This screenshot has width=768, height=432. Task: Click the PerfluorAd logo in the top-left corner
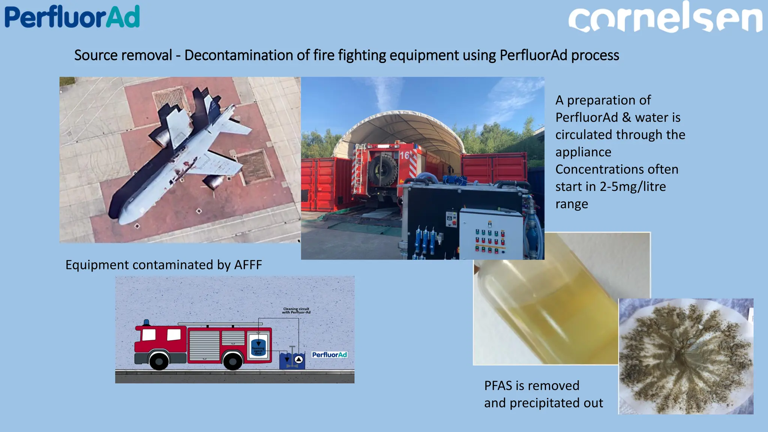click(x=72, y=17)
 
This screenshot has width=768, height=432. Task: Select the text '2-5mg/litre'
click(x=633, y=187)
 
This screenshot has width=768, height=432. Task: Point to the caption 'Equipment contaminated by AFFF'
click(x=163, y=265)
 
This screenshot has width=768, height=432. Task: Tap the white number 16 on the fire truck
click(x=404, y=155)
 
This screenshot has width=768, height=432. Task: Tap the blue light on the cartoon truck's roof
click(x=147, y=322)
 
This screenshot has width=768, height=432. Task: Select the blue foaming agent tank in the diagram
click(x=258, y=347)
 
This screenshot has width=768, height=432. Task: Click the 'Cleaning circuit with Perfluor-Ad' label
click(x=296, y=310)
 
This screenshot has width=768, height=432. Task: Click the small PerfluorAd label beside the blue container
click(x=329, y=355)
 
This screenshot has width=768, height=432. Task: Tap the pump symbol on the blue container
click(x=298, y=360)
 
